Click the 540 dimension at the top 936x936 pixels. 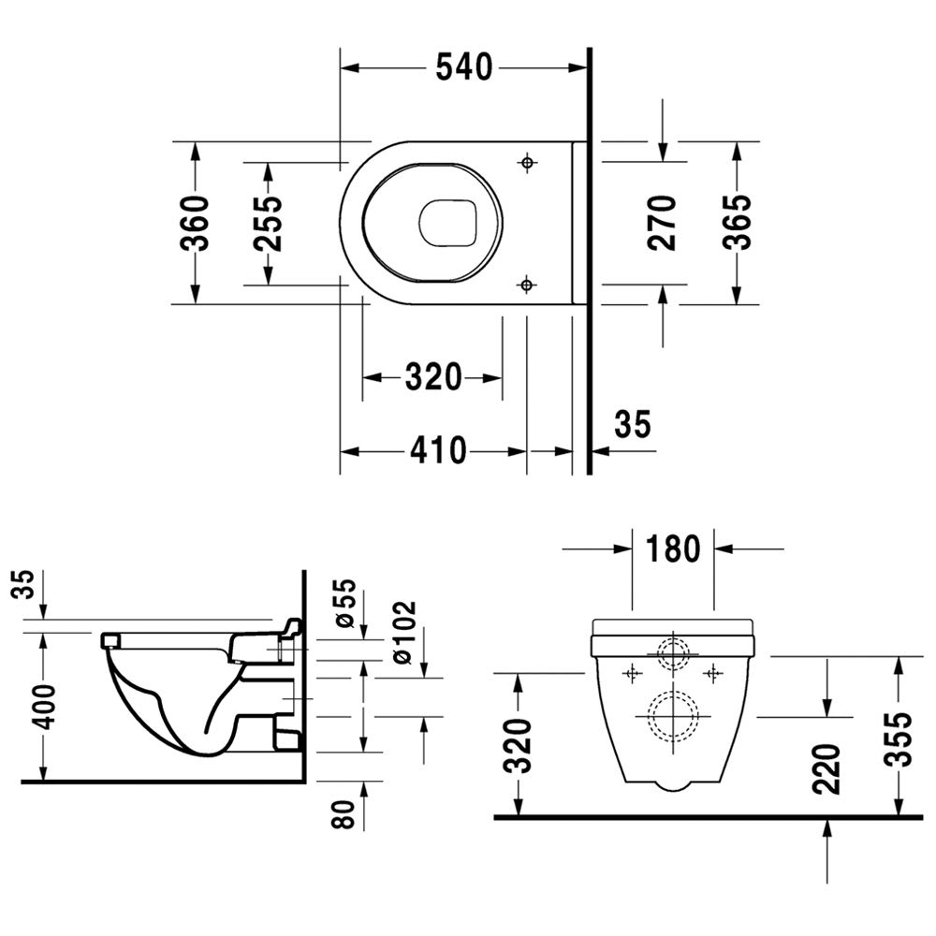click(464, 66)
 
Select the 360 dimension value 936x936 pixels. click(196, 224)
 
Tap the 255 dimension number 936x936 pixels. click(267, 224)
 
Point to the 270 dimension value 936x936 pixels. click(662, 223)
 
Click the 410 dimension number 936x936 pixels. click(438, 451)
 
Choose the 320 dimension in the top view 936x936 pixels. click(433, 377)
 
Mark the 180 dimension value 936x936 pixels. click(673, 548)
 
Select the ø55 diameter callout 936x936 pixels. click(346, 604)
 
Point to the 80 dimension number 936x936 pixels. click(344, 814)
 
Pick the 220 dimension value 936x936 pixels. click(826, 769)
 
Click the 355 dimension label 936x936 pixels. click(899, 739)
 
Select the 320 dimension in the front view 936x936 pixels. click(517, 746)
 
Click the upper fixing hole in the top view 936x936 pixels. click(527, 162)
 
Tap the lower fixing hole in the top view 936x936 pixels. click(526, 285)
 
